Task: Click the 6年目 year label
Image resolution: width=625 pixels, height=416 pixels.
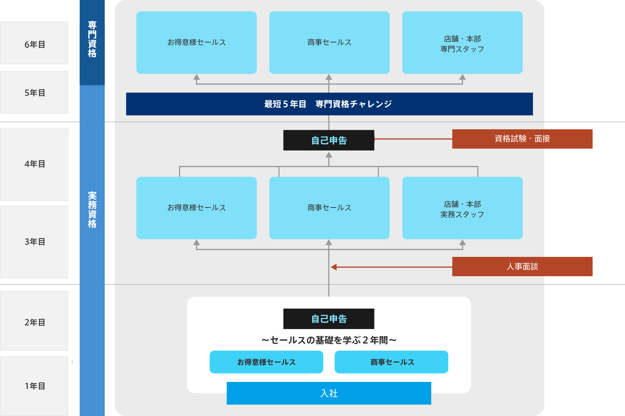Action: click(34, 44)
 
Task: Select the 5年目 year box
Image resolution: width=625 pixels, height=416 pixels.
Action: click(34, 93)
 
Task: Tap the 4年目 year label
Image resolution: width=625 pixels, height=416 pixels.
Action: click(34, 164)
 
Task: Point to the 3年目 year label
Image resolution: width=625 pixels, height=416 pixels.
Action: click(34, 242)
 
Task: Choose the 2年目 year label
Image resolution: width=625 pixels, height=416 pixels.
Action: click(34, 322)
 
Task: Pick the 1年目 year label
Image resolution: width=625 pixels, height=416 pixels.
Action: click(34, 386)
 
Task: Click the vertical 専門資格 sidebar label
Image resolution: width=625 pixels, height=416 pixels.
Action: click(92, 39)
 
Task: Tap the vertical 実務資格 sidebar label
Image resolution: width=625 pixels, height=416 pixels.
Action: click(92, 209)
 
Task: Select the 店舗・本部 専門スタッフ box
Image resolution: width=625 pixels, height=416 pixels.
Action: click(462, 43)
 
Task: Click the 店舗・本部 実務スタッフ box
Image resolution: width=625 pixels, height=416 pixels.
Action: click(462, 208)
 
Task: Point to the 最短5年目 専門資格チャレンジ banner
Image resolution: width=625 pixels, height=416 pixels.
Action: click(329, 104)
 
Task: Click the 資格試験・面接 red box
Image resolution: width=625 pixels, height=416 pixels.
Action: click(522, 139)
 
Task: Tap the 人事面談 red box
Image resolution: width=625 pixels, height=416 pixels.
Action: click(522, 267)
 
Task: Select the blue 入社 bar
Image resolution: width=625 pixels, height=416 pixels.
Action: click(329, 393)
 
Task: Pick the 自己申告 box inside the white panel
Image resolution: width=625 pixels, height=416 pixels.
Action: click(329, 319)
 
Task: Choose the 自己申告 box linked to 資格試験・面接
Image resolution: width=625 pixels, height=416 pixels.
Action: click(329, 140)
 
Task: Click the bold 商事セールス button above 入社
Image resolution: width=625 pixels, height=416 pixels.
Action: click(391, 362)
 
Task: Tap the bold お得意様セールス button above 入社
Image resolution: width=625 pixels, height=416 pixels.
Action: click(266, 362)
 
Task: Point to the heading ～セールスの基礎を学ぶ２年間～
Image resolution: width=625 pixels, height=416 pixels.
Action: click(329, 340)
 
